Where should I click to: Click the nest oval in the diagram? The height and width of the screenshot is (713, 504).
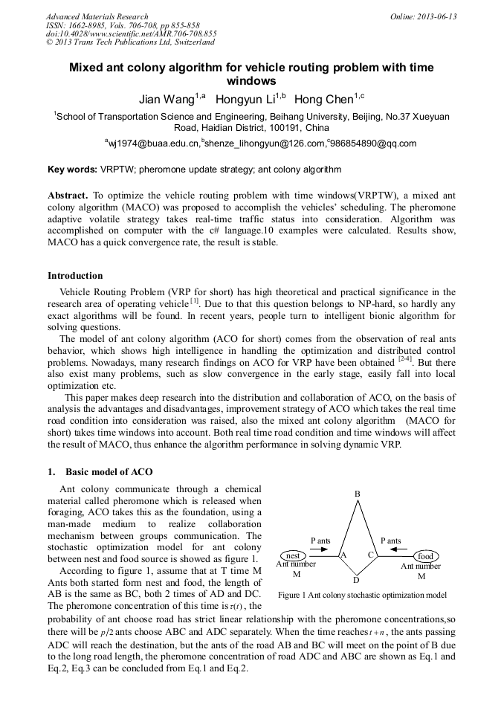(293, 555)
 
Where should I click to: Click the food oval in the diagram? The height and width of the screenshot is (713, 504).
(424, 556)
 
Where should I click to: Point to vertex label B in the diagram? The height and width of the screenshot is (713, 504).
(357, 494)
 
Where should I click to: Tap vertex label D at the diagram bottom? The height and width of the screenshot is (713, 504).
(356, 580)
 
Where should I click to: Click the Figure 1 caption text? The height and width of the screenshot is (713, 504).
(361, 595)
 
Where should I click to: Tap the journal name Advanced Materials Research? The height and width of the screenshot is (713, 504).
(97, 16)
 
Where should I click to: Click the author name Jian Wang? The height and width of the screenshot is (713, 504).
(165, 99)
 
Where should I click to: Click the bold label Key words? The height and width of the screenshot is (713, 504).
(72, 170)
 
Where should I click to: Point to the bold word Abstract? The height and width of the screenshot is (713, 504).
(68, 195)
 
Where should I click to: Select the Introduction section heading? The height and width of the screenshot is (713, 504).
(75, 276)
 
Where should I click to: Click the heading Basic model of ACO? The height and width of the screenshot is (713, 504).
(109, 472)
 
